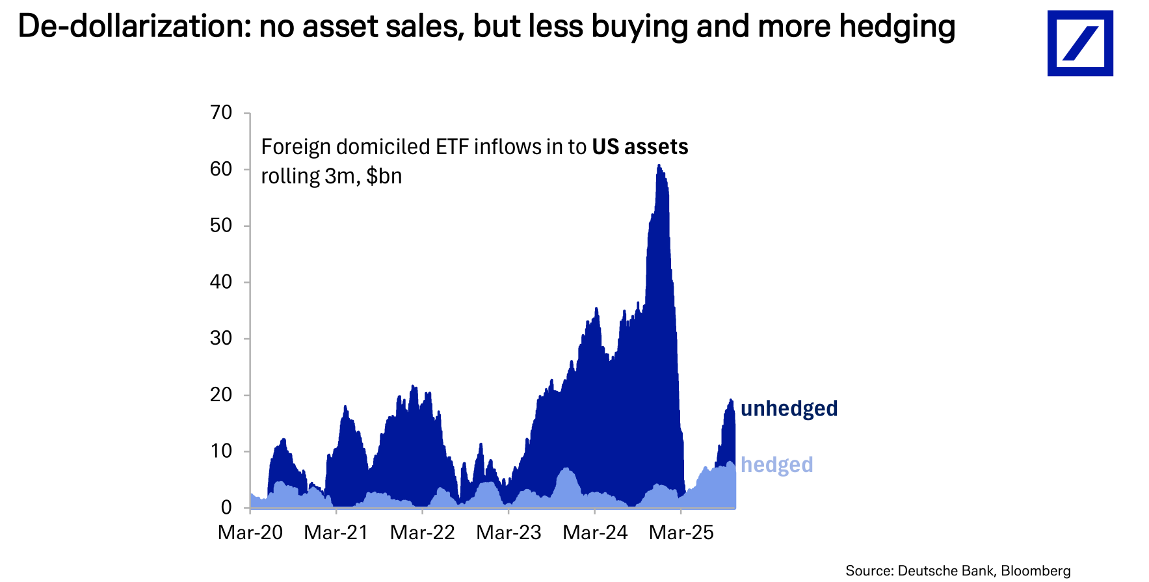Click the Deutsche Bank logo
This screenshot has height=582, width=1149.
click(x=1079, y=43)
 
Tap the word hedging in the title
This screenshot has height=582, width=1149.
click(x=897, y=27)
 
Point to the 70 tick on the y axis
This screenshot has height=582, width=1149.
click(x=221, y=112)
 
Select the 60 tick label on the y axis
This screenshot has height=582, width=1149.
click(x=221, y=169)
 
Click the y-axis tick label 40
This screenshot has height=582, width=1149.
click(x=221, y=282)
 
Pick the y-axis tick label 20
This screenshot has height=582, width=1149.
click(x=221, y=395)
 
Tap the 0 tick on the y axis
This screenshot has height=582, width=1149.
click(x=226, y=507)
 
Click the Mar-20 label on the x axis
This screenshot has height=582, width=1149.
click(x=250, y=533)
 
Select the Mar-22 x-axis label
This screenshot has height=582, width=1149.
click(x=423, y=533)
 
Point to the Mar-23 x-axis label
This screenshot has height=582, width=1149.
click(x=508, y=533)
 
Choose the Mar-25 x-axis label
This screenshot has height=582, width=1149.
click(x=681, y=533)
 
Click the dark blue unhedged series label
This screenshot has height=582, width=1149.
click(x=789, y=408)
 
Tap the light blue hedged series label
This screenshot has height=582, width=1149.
click(x=776, y=465)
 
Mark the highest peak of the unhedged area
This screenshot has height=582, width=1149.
click(x=658, y=166)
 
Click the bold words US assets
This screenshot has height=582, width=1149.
click(x=640, y=147)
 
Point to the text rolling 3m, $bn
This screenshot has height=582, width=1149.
click(x=331, y=176)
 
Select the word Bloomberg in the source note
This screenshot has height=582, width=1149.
click(x=1035, y=571)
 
